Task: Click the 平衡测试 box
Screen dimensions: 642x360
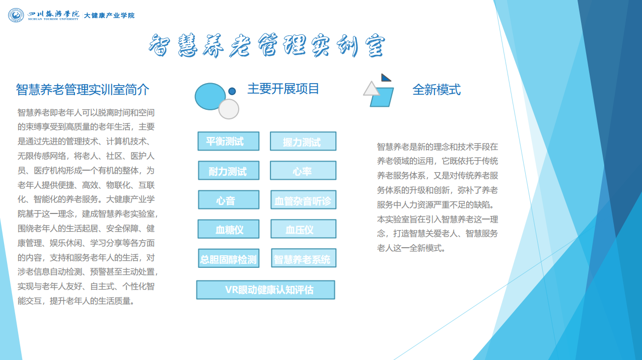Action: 229,141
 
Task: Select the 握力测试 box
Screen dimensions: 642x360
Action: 303,141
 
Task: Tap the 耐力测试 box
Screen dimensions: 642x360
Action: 229,170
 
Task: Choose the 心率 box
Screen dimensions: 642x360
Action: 303,170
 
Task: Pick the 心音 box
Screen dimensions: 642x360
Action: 229,199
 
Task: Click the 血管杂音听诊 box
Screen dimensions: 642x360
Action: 303,199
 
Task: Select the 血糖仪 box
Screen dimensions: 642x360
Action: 229,229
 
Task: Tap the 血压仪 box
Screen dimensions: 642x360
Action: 303,229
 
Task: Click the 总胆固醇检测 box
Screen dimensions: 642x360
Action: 229,258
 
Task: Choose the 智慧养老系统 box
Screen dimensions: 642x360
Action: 304,258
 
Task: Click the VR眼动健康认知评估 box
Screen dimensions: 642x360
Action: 265,290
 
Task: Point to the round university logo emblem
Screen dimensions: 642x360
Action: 16,15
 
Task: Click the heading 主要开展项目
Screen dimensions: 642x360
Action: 283,89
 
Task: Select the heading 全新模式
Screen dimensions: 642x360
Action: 437,90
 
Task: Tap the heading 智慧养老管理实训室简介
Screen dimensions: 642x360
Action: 83,90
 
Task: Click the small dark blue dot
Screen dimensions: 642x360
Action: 232,91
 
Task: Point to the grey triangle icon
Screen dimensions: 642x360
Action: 372,89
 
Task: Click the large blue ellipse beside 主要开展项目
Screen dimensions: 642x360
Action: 210,97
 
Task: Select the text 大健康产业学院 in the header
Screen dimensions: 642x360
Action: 109,16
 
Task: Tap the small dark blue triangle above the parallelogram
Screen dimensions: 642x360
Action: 385,78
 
